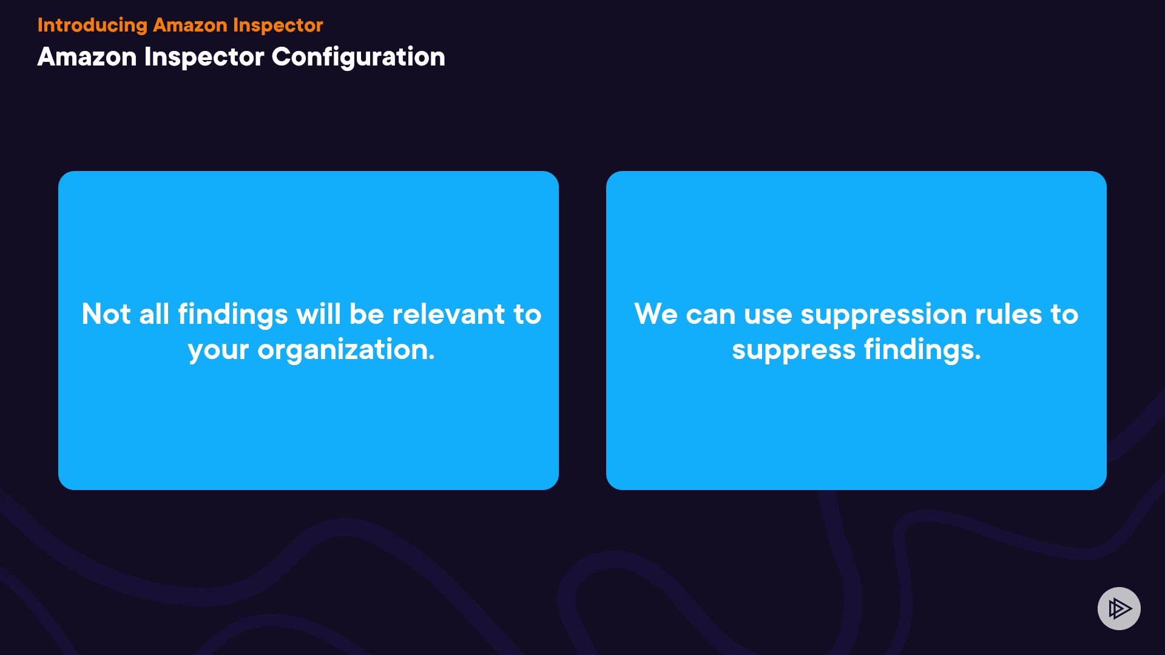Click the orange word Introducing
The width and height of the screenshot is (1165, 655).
pyautogui.click(x=92, y=25)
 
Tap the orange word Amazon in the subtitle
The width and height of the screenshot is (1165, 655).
pyautogui.click(x=190, y=25)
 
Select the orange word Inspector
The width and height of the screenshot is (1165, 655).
pyautogui.click(x=278, y=25)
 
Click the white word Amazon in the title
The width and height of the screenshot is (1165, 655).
pyautogui.click(x=87, y=57)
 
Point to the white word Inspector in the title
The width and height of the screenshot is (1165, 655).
pyautogui.click(x=204, y=58)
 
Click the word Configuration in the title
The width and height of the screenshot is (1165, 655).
pyautogui.click(x=358, y=58)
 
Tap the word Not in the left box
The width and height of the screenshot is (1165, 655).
pyautogui.click(x=106, y=314)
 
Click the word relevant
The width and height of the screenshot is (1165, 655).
pyautogui.click(x=448, y=314)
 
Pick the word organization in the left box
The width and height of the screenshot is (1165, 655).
pyautogui.click(x=346, y=351)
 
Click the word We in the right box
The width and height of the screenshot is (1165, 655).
pyautogui.click(x=656, y=314)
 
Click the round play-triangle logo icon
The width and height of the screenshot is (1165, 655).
pyautogui.click(x=1119, y=608)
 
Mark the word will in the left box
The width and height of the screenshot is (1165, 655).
pyautogui.click(x=319, y=314)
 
